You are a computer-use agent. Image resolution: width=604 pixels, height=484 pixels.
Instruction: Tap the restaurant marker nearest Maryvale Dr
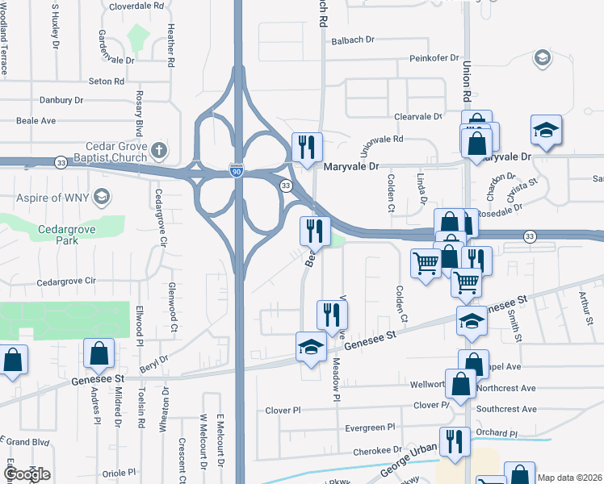(x=306, y=148)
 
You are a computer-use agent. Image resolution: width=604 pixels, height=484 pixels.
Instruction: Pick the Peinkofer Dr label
(x=434, y=58)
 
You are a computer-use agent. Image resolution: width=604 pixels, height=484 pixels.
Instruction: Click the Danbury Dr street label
(x=61, y=101)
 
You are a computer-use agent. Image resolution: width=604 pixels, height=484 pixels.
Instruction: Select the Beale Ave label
(x=36, y=121)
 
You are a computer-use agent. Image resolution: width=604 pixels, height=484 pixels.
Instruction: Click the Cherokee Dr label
(x=374, y=449)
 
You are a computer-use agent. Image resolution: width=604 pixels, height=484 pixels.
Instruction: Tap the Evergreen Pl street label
(x=369, y=428)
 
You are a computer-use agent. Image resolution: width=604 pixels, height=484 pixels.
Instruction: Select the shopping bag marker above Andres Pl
(x=99, y=355)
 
